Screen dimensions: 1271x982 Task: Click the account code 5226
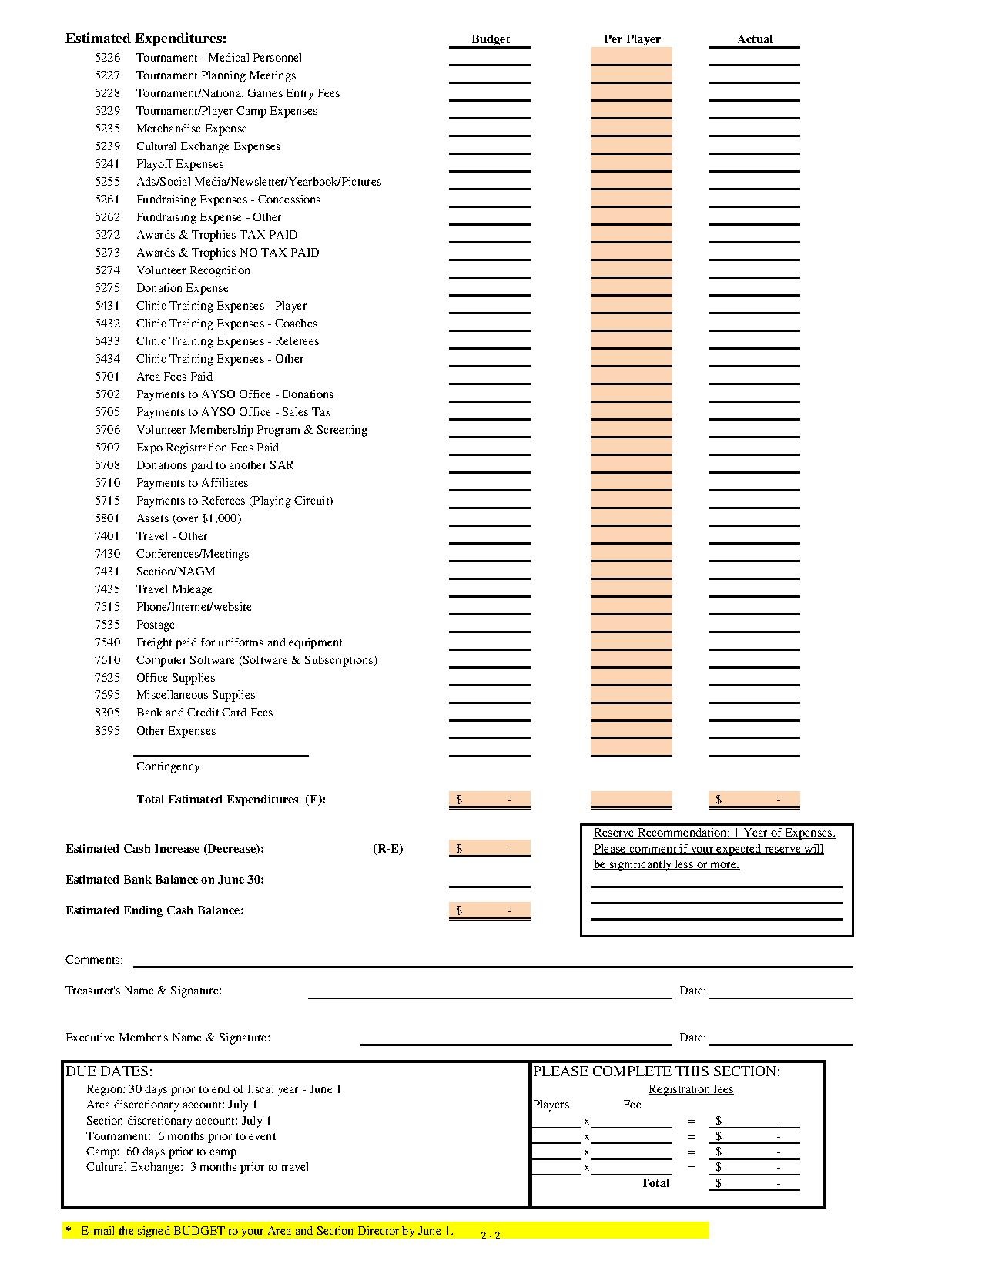tap(107, 58)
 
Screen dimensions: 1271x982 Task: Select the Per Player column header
tap(632, 39)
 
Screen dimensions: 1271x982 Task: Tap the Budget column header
tap(491, 39)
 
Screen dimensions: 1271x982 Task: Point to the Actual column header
tap(754, 39)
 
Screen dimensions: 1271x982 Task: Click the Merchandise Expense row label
tap(191, 129)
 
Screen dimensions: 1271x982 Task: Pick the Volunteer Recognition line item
tap(193, 270)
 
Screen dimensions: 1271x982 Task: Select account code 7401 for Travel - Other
tap(107, 536)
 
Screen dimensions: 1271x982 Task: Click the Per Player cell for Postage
tap(632, 624)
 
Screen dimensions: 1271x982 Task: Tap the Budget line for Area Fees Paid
tap(490, 377)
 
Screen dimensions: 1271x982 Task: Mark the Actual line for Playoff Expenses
tap(754, 164)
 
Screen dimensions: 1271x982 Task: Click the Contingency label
tap(168, 766)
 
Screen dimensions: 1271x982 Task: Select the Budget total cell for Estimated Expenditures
tap(490, 800)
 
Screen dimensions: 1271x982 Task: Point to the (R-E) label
tap(387, 849)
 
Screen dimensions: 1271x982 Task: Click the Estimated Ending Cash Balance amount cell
tap(490, 910)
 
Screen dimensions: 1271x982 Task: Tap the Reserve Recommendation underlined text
tap(714, 833)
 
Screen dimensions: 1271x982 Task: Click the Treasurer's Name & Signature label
tap(143, 991)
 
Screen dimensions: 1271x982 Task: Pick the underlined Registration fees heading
tap(691, 1089)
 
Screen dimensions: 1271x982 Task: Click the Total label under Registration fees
tap(655, 1183)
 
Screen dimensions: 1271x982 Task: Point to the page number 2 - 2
tap(491, 1236)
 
